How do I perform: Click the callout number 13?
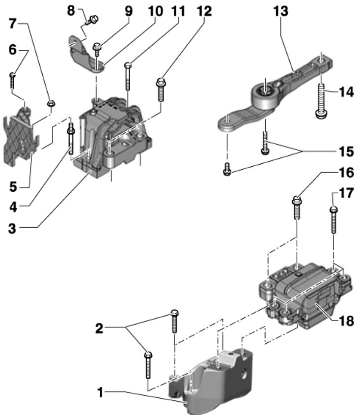click(281, 11)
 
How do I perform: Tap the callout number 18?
click(346, 321)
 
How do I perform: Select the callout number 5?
click(13, 187)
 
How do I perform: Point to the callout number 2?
click(99, 328)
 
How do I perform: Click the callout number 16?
click(346, 173)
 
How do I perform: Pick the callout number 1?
click(100, 392)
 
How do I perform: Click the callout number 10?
click(155, 11)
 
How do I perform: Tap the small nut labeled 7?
click(51, 103)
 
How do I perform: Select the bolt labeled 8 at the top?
click(92, 20)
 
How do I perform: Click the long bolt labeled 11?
click(128, 77)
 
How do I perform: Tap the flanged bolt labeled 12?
click(161, 89)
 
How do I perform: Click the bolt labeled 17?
click(334, 220)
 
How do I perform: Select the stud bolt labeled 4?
click(71, 139)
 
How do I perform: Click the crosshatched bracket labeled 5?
click(21, 137)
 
